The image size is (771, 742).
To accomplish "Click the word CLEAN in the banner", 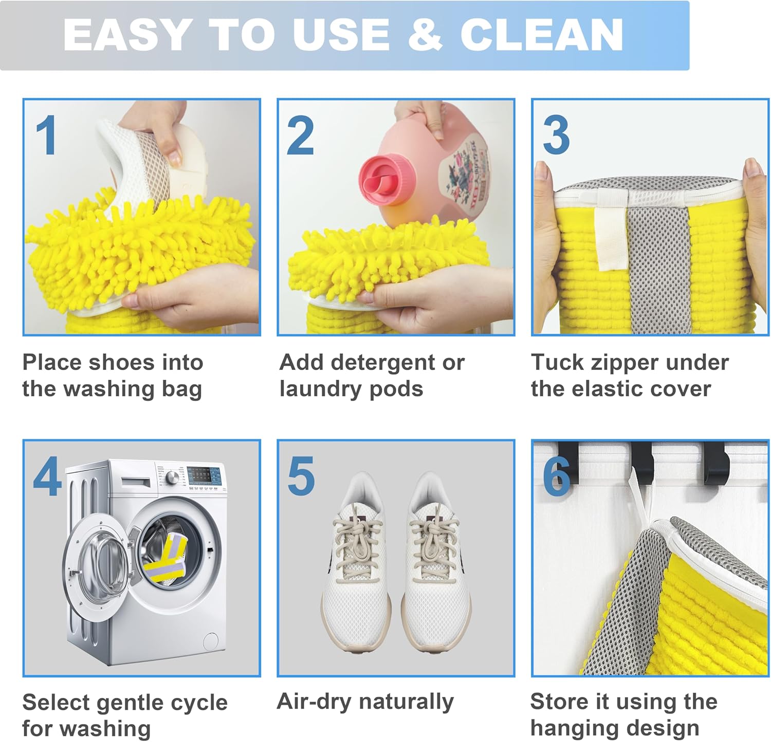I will coord(541,34).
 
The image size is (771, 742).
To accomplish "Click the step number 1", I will coord(46,136).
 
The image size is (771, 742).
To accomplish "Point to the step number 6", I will coord(557,476).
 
